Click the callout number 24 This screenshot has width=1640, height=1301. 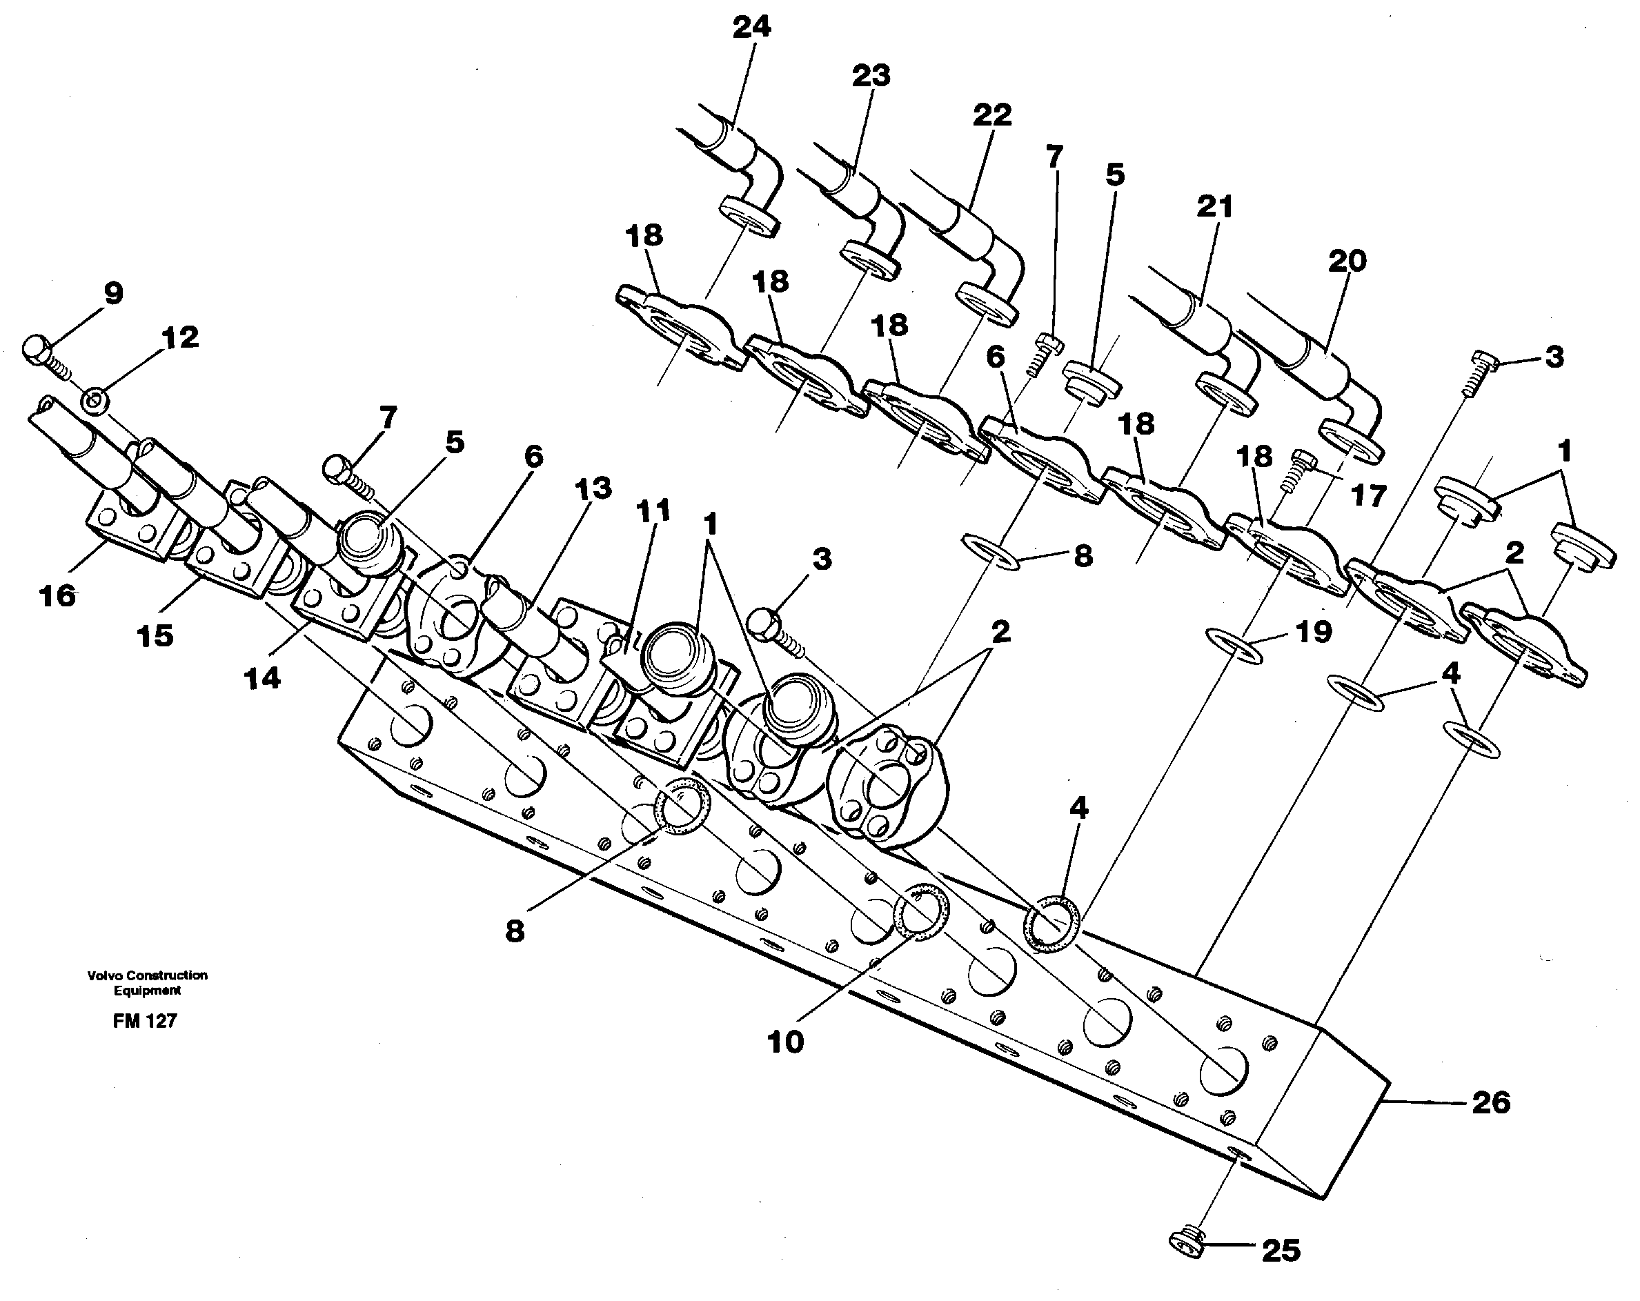pyautogui.click(x=751, y=28)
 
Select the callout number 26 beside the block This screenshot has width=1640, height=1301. pyautogui.click(x=1490, y=1102)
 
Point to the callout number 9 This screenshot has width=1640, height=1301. pyautogui.click(x=113, y=293)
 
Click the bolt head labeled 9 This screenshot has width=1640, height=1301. pyautogui.click(x=37, y=349)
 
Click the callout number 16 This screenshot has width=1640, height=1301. pyautogui.click(x=58, y=595)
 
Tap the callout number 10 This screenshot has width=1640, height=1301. pyautogui.click(x=785, y=1042)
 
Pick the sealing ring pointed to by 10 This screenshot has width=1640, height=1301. pyautogui.click(x=921, y=912)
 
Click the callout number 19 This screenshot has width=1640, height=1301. pyautogui.click(x=1314, y=632)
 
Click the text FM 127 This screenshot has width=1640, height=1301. pyautogui.click(x=144, y=1021)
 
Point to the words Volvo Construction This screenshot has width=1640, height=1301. pyautogui.click(x=147, y=975)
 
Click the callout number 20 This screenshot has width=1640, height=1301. pyautogui.click(x=1347, y=261)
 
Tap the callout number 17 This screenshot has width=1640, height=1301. pyautogui.click(x=1367, y=497)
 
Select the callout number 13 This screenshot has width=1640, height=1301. pyautogui.click(x=593, y=488)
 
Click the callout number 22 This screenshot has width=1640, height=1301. pyautogui.click(x=992, y=115)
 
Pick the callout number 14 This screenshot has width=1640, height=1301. pyautogui.click(x=262, y=677)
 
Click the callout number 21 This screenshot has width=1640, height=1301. pyautogui.click(x=1214, y=207)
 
